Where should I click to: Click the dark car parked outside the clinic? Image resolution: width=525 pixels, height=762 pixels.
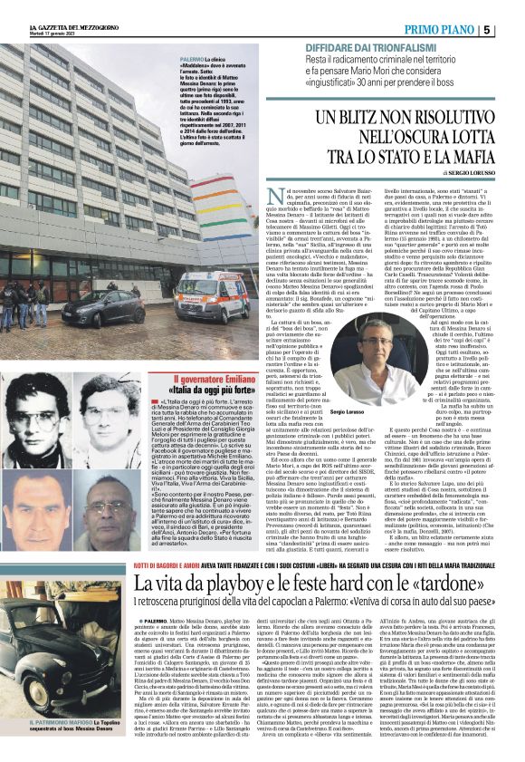98,308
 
